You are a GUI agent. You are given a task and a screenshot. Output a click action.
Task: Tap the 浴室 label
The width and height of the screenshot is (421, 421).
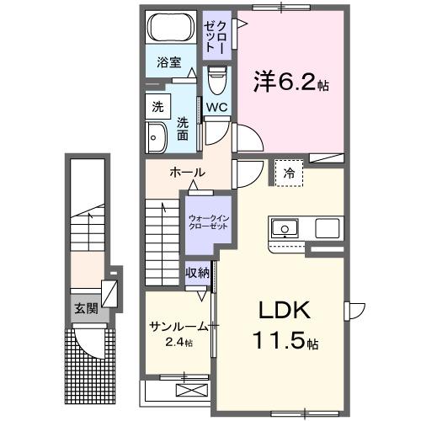click(169, 61)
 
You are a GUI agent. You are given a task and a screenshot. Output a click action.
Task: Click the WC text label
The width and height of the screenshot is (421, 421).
click(216, 107)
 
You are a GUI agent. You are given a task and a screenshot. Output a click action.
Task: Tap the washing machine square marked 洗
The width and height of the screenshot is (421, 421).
click(157, 107)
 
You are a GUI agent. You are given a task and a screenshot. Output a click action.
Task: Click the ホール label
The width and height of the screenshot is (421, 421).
click(187, 173)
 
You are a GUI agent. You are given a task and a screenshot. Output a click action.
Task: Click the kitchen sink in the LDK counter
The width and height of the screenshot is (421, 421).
click(285, 227)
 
